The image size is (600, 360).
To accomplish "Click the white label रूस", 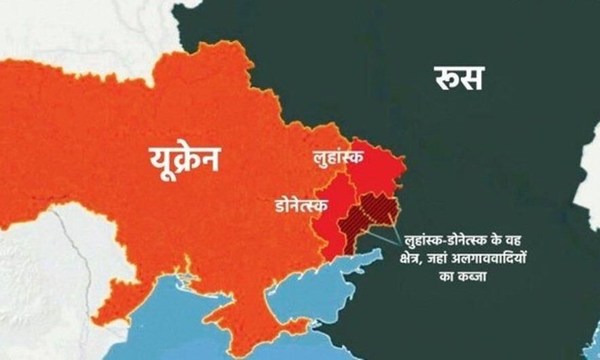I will (459, 77).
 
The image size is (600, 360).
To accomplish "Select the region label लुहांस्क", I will (337, 156).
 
